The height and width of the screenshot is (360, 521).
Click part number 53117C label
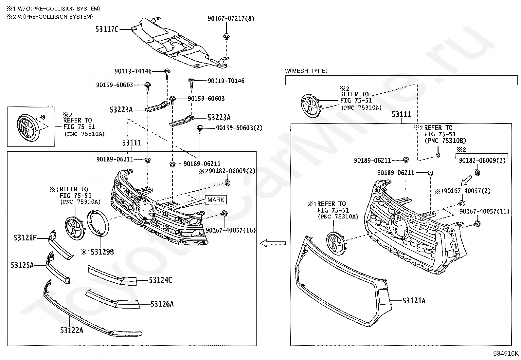click(x=107, y=29)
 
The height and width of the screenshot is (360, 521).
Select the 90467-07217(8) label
click(x=231, y=19)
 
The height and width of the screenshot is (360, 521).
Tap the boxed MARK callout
click(x=216, y=200)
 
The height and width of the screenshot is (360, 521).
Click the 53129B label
click(x=102, y=252)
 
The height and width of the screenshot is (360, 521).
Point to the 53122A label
click(x=71, y=331)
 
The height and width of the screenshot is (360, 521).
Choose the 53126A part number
click(x=162, y=304)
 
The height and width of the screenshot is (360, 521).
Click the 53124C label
click(x=160, y=280)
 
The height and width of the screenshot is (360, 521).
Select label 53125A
click(x=22, y=265)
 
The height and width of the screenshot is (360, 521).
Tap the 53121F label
click(x=25, y=238)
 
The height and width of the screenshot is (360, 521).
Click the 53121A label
click(x=414, y=300)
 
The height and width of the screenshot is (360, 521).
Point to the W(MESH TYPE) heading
click(x=306, y=71)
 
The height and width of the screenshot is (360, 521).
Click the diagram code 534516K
click(x=506, y=353)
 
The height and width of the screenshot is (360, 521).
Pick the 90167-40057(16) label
click(x=230, y=230)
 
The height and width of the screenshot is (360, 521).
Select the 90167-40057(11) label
click(x=484, y=212)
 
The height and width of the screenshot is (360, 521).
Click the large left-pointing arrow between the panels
click(x=273, y=243)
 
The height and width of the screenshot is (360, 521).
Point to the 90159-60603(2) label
click(x=239, y=128)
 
